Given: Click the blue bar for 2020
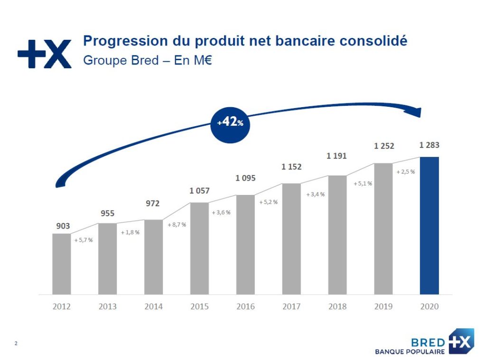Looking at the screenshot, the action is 429,226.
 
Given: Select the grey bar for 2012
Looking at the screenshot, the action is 62,264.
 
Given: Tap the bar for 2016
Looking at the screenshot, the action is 245,244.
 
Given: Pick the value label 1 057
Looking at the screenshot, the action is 200,191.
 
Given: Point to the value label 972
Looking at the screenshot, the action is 153,203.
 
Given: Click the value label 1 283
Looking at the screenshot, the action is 429,145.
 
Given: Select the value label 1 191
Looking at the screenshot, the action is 336,156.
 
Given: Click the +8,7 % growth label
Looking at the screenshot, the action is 177,225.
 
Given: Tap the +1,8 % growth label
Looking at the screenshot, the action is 130,232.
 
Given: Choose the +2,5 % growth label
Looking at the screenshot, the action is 406,172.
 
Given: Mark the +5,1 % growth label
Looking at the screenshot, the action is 363,184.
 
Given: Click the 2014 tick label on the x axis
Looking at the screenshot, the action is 153,306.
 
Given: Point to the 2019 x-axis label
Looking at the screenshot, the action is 383,306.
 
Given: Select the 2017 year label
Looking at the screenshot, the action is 291,306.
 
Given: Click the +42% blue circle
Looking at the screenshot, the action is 230,125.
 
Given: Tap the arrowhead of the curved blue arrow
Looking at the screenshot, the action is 416,112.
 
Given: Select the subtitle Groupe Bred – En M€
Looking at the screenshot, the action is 148,60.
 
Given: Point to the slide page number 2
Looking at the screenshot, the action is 16,343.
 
